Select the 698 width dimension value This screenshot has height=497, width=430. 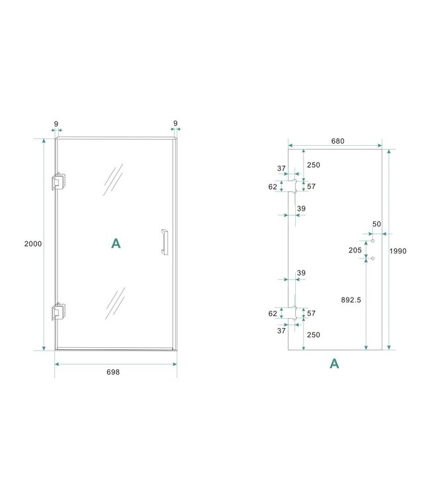[113, 372]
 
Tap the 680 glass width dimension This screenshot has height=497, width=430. [337, 141]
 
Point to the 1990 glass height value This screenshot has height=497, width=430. [398, 251]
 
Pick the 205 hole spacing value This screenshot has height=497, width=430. [355, 250]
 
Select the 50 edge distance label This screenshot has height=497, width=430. [376, 225]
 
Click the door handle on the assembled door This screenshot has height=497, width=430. [163, 242]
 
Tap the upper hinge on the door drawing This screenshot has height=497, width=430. [58, 182]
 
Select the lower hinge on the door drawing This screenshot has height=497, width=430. [58, 311]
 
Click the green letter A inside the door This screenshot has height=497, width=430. [116, 244]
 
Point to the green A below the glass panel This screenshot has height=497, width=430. [334, 363]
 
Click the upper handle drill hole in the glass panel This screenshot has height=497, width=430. [373, 241]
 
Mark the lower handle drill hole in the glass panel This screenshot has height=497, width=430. [373, 258]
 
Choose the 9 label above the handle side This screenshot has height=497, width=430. [175, 123]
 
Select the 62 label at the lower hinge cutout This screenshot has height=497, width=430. [273, 313]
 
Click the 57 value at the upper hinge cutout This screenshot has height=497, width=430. [311, 187]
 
